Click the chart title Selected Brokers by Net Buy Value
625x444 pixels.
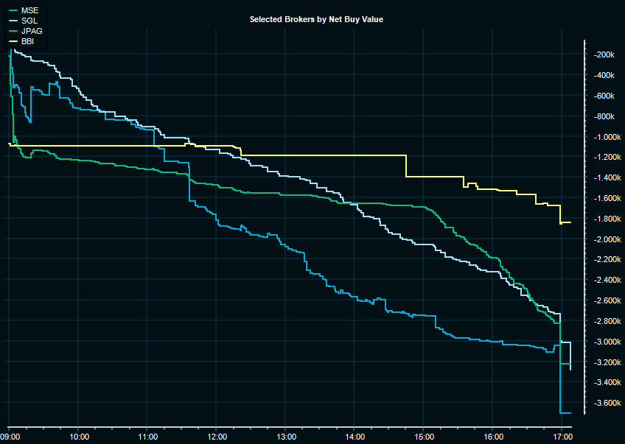pos(316,19)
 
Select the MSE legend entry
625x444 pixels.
pos(31,11)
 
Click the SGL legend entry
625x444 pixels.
pos(31,21)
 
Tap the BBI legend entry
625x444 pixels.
pos(29,42)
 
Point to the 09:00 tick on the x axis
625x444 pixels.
pos(10,437)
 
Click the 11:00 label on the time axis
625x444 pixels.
pos(147,437)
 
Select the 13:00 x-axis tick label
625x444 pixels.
pos(286,437)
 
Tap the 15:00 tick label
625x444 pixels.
pos(424,437)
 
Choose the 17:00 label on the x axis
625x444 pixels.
pos(562,437)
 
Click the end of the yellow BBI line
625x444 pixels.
pos(571,222)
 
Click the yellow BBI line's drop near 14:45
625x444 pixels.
pos(406,166)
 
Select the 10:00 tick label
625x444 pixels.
pos(79,437)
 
